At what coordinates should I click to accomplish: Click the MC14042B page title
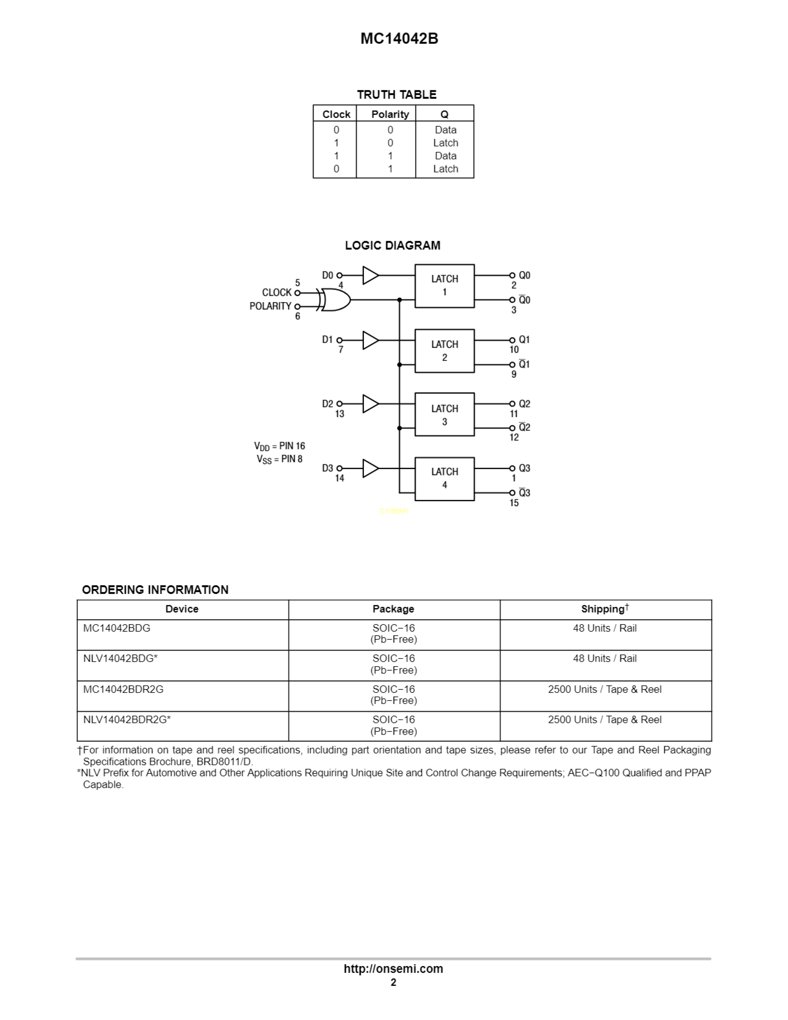pyautogui.click(x=399, y=38)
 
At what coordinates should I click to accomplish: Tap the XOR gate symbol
pyautogui.click(x=335, y=300)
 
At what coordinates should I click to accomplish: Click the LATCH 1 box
pyautogui.click(x=444, y=286)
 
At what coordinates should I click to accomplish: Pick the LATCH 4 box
pyautogui.click(x=444, y=479)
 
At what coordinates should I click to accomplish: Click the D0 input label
pyautogui.click(x=327, y=275)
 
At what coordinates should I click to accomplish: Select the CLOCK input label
pyautogui.click(x=276, y=292)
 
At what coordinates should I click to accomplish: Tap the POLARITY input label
pyautogui.click(x=270, y=306)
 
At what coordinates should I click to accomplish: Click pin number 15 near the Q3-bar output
pyautogui.click(x=514, y=503)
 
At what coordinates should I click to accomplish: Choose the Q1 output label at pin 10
pyautogui.click(x=524, y=339)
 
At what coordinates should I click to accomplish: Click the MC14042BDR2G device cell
pyautogui.click(x=123, y=689)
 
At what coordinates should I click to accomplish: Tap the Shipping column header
pyautogui.click(x=604, y=609)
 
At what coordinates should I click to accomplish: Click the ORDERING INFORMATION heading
pyautogui.click(x=155, y=590)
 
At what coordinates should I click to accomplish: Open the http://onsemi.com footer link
pyautogui.click(x=393, y=969)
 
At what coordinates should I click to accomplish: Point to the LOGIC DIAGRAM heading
pyautogui.click(x=392, y=246)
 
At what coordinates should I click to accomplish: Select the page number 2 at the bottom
pyautogui.click(x=393, y=982)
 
